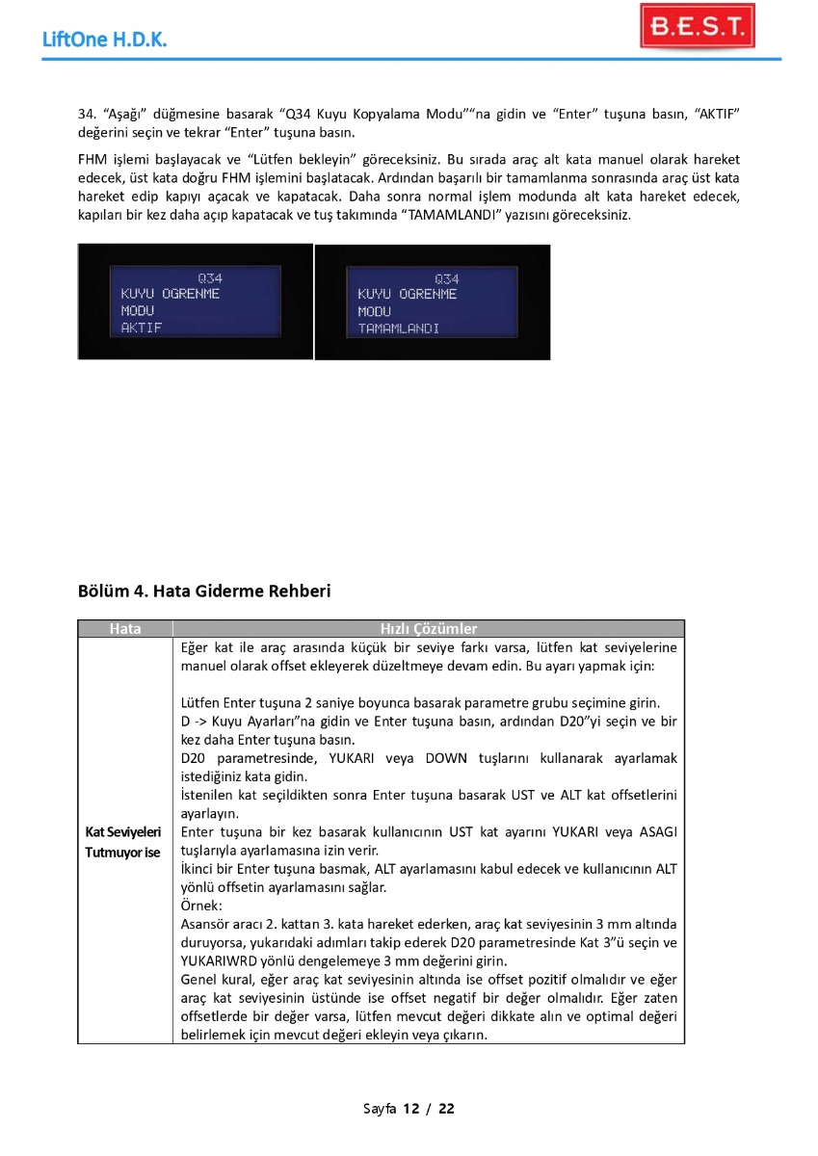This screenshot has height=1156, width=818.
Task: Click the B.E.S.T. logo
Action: pyautogui.click(x=697, y=28)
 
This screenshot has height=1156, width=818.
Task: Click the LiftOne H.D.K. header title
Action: pyautogui.click(x=105, y=39)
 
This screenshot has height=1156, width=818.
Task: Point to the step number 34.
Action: pyautogui.click(x=86, y=115)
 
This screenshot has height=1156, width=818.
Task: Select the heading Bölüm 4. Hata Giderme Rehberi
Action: pyautogui.click(x=204, y=591)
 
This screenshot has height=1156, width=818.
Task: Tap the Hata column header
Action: pyautogui.click(x=125, y=629)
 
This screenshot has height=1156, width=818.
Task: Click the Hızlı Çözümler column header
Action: pyautogui.click(x=429, y=629)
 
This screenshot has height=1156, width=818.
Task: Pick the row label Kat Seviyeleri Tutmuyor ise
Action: pyautogui.click(x=124, y=841)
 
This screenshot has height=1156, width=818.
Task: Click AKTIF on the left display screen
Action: pyautogui.click(x=142, y=328)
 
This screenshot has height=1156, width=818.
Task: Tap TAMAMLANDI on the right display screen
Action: pyautogui.click(x=399, y=328)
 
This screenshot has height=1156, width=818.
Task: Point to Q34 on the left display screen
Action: pyautogui.click(x=210, y=278)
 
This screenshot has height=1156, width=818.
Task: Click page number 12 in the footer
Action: pyautogui.click(x=411, y=1108)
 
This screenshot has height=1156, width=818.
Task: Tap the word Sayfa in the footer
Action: pyautogui.click(x=380, y=1108)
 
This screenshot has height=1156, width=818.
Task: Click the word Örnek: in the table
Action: pyautogui.click(x=201, y=906)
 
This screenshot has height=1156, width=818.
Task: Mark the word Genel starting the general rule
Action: pyautogui.click(x=199, y=979)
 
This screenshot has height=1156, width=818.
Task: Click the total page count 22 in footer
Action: pyautogui.click(x=446, y=1108)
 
